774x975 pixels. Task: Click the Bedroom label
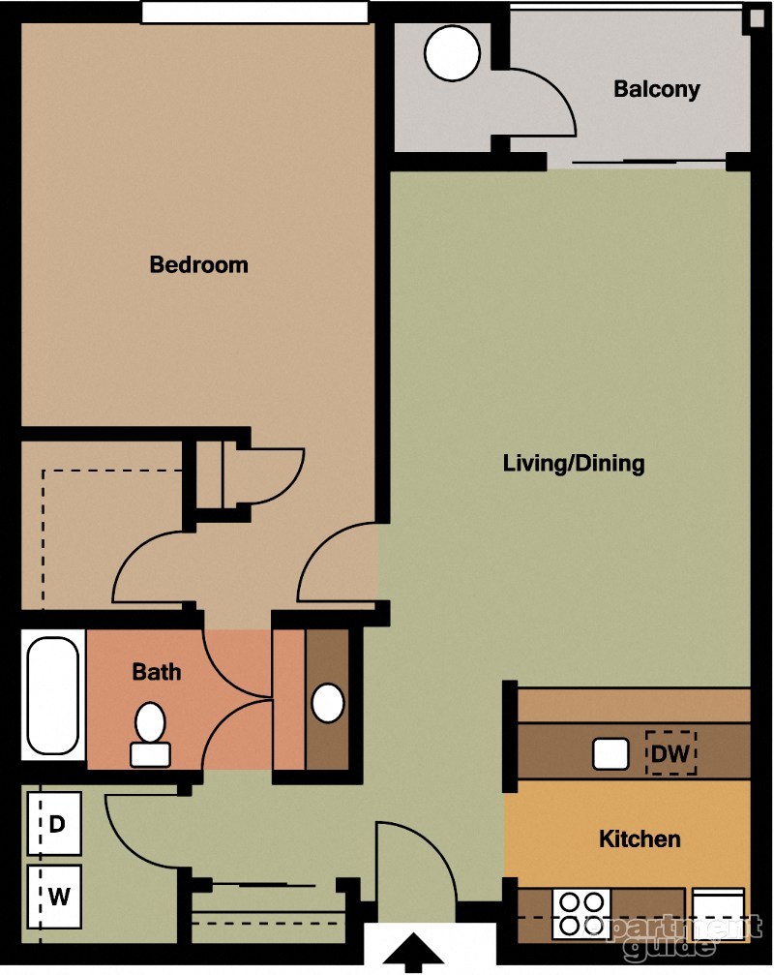coord(198,264)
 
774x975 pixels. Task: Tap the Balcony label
coord(656,90)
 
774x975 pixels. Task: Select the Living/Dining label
coord(573,463)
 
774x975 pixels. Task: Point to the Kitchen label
coord(640,838)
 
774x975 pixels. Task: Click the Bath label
coord(156,671)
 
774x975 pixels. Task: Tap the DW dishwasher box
coord(671,752)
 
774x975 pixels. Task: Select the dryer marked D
coord(56,824)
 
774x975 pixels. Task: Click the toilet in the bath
coord(149,735)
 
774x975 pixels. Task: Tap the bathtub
coord(52,695)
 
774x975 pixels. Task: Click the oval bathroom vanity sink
coord(328,703)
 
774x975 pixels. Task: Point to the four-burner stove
coord(580,913)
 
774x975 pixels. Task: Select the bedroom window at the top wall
coord(254,12)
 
